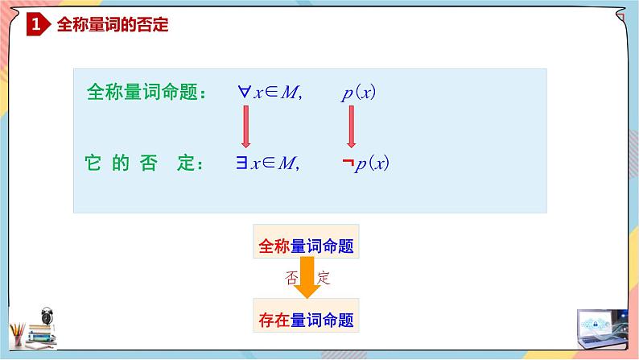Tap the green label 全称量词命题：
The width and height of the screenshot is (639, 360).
click(x=146, y=92)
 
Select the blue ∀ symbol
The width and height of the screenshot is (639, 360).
click(x=244, y=92)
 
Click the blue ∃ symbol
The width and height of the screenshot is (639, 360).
click(x=241, y=163)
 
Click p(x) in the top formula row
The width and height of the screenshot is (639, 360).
click(x=358, y=93)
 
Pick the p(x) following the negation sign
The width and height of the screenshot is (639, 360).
click(x=372, y=163)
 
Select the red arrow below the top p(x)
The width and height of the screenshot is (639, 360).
click(x=352, y=127)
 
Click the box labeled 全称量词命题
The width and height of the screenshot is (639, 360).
click(x=306, y=245)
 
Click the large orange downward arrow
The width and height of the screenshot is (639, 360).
click(x=306, y=279)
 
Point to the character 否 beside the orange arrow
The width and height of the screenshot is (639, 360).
click(x=291, y=278)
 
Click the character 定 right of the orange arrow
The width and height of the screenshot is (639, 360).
click(x=324, y=278)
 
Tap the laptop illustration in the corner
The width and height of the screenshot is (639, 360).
click(x=601, y=330)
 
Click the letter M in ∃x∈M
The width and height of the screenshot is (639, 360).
click(x=286, y=163)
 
